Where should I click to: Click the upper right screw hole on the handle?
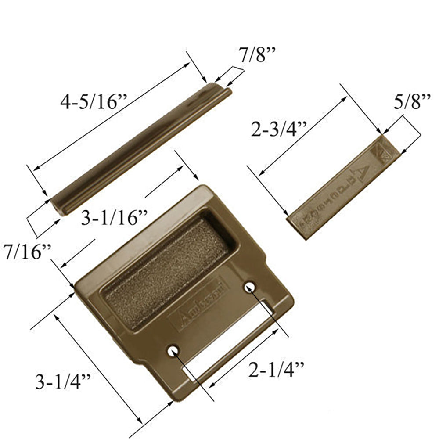click(x=251, y=287)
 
